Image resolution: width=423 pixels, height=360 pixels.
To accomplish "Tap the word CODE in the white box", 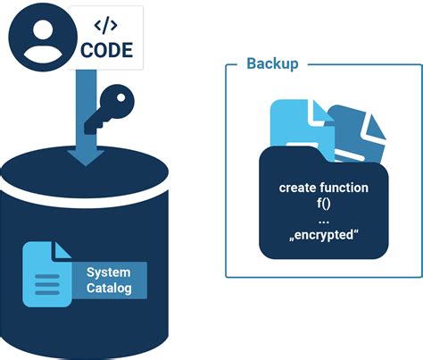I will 106,51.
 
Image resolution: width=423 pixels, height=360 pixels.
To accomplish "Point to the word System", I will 108,272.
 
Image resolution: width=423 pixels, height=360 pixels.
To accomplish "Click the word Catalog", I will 109,289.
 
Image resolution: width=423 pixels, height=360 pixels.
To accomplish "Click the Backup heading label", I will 272,65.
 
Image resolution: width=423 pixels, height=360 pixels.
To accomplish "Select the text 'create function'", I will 323,188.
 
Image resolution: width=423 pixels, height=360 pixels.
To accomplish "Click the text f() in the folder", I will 323,204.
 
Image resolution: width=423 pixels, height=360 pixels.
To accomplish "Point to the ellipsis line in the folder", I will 323,221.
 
